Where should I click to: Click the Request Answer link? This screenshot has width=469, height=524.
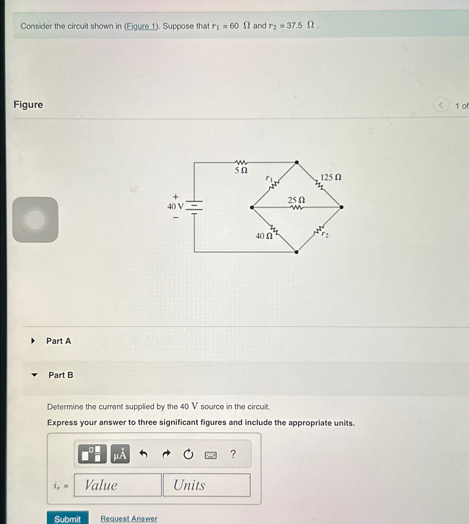[x=129, y=518]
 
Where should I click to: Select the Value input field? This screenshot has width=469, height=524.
[x=118, y=485]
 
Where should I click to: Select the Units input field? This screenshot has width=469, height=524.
[x=207, y=485]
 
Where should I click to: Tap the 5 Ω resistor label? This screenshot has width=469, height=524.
[x=241, y=170]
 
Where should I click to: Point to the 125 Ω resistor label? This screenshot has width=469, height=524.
[x=331, y=177]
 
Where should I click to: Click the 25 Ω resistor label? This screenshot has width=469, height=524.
[x=296, y=200]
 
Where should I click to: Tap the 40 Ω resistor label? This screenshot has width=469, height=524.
[x=264, y=236]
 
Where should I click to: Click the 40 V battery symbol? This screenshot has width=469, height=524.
[x=194, y=207]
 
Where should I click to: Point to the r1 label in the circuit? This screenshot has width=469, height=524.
[x=269, y=178]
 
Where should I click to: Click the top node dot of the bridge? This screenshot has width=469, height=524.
[x=297, y=162]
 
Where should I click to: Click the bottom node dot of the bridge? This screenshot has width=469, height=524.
[x=296, y=252]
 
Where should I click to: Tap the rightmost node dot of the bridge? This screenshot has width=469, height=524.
[x=341, y=207]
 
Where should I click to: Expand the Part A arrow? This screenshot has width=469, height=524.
[x=33, y=341]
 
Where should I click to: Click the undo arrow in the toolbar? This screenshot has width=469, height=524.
[x=143, y=454]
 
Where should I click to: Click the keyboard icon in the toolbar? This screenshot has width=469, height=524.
[x=211, y=455]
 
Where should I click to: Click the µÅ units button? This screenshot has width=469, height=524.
[x=120, y=454]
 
